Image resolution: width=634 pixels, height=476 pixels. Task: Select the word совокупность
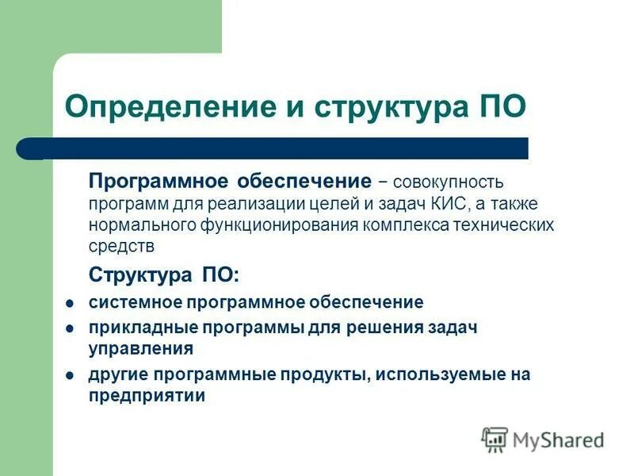coord(449,183)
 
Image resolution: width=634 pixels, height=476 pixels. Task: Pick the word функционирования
coord(282,225)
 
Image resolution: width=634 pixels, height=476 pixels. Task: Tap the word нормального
coord(149,225)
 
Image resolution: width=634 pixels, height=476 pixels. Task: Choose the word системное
coord(135,302)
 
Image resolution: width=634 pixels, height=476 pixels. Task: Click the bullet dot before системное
coord(70,303)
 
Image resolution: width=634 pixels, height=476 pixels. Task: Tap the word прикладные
coord(143,328)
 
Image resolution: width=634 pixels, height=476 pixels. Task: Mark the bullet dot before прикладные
coord(70,328)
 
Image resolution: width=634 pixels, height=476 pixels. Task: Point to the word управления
coord(141,348)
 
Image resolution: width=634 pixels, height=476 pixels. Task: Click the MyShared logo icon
coord(495,439)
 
